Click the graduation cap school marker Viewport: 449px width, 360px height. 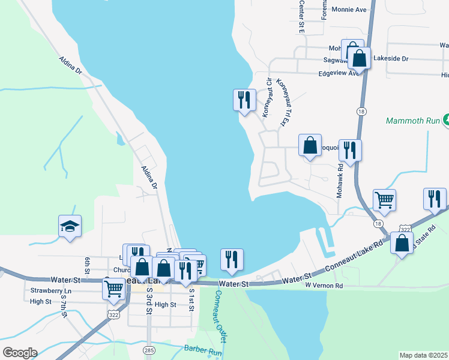tap(70, 226)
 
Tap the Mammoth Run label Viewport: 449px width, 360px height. tap(412, 120)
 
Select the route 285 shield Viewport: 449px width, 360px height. tap(148, 349)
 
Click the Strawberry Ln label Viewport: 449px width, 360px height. tap(50, 291)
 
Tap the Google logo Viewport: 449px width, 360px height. tap(19, 353)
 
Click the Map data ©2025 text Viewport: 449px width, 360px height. tap(424, 355)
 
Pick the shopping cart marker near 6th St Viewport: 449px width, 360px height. tap(113, 289)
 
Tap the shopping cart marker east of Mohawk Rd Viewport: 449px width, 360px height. tap(384, 200)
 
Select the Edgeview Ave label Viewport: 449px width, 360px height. tap(339, 74)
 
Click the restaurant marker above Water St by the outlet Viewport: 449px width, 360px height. tap(232, 259)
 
